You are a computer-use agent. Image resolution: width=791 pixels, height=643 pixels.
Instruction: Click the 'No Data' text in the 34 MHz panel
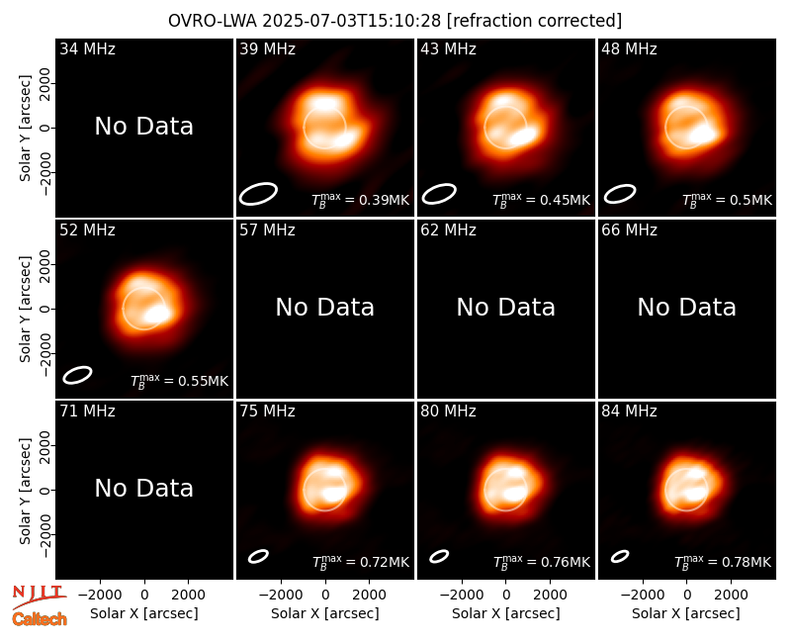pyautogui.click(x=143, y=127)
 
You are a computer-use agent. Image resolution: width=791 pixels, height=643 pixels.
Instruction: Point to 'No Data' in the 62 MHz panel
pyautogui.click(x=505, y=307)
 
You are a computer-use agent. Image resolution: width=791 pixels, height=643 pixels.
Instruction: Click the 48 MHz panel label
pyautogui.click(x=629, y=48)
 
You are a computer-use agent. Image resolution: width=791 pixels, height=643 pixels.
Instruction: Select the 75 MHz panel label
pyautogui.click(x=267, y=411)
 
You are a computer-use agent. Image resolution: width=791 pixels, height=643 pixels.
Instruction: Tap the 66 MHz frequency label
pyautogui.click(x=629, y=230)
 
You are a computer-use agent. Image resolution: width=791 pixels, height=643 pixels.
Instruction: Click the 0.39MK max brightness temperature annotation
pyautogui.click(x=360, y=200)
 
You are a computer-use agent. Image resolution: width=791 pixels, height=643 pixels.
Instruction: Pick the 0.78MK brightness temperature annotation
pyautogui.click(x=723, y=561)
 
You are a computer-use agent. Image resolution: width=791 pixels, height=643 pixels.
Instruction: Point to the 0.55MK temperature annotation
pyautogui.click(x=180, y=381)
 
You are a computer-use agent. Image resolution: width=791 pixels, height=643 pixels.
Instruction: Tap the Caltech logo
pyautogui.click(x=40, y=619)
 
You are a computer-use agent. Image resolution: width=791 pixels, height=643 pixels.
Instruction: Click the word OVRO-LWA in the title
pyautogui.click(x=213, y=21)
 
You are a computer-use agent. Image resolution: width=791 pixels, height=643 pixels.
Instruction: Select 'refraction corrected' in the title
pyautogui.click(x=535, y=21)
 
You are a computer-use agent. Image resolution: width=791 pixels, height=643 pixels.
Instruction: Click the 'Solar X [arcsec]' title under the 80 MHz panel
pyautogui.click(x=505, y=613)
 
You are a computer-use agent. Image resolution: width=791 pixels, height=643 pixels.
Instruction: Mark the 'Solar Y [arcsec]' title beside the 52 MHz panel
pyautogui.click(x=25, y=309)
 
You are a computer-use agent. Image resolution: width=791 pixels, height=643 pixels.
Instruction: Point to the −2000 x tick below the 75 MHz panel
pyautogui.click(x=281, y=596)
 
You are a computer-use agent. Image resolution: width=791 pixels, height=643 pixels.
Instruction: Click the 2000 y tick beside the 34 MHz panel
pyautogui.click(x=45, y=83)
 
